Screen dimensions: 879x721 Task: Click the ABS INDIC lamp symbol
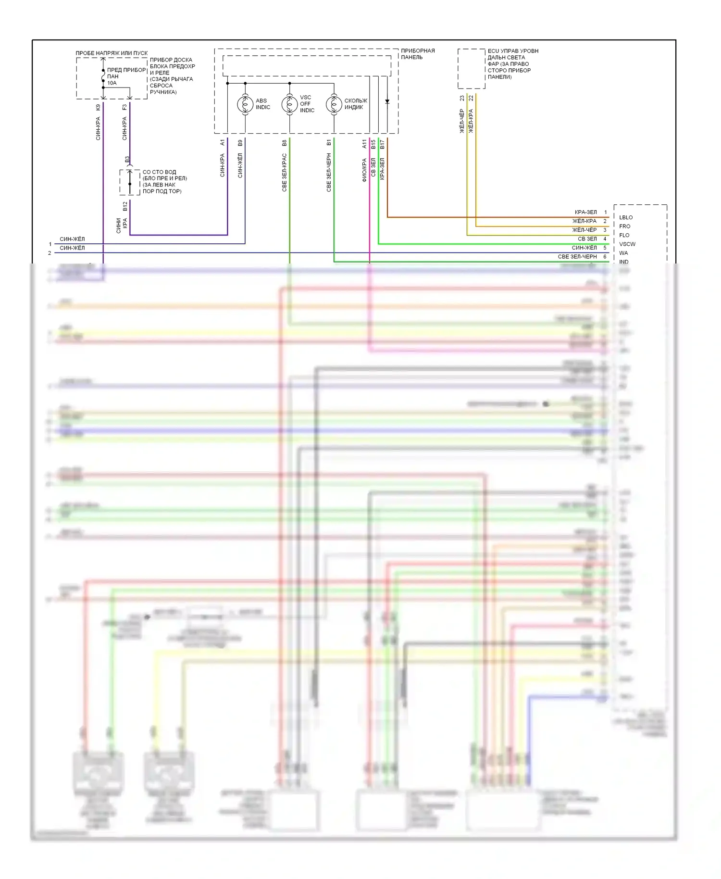click(245, 104)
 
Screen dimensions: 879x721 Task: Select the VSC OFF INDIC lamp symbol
click(289, 104)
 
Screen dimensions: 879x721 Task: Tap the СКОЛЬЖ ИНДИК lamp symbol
click(334, 104)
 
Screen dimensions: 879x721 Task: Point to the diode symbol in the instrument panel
click(387, 101)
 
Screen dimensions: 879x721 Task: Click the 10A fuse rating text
click(112, 83)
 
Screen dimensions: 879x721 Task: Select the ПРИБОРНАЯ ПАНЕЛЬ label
click(418, 54)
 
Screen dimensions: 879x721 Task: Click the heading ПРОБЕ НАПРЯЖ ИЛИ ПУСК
click(112, 53)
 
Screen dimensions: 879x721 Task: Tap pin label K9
click(98, 107)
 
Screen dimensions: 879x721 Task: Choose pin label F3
click(124, 107)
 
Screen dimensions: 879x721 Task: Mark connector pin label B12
click(125, 206)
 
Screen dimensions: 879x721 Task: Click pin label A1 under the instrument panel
click(222, 143)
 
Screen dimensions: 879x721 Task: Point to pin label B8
click(284, 143)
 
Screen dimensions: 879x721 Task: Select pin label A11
click(364, 144)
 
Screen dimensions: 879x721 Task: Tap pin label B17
click(382, 144)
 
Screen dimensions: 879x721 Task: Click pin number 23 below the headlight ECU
click(462, 98)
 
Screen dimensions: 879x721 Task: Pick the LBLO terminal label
click(626, 217)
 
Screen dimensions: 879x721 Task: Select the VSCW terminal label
click(627, 244)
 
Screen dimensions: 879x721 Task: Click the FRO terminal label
click(624, 226)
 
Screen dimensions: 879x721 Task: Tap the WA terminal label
click(623, 253)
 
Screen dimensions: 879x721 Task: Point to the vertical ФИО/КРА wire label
click(364, 170)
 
